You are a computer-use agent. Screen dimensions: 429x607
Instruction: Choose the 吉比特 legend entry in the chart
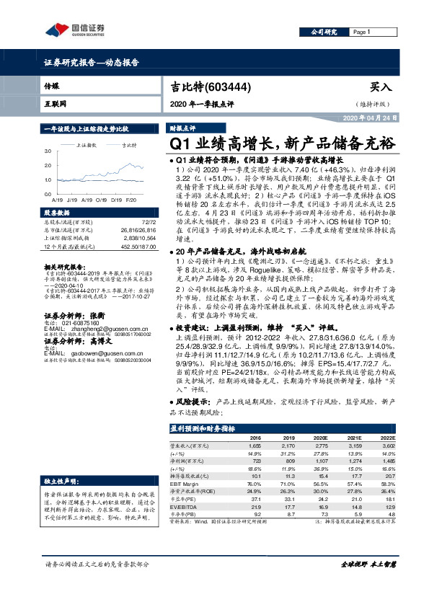(x=129, y=145)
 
